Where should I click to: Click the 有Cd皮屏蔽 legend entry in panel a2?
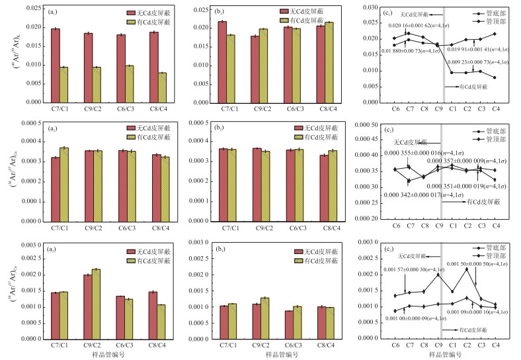(x=155, y=137)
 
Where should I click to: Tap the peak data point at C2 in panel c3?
(x=467, y=269)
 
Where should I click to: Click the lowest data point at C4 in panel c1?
(x=495, y=77)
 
